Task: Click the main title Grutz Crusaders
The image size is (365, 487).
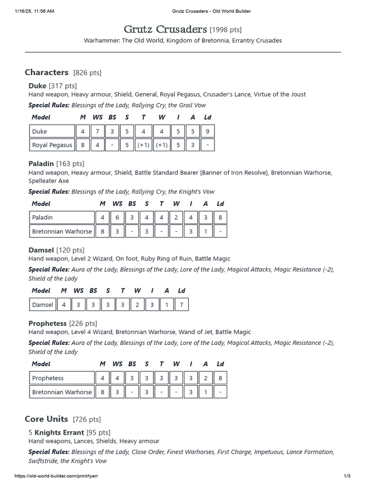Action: [165, 29]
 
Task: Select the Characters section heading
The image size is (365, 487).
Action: [47, 72]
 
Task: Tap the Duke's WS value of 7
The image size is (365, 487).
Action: [97, 131]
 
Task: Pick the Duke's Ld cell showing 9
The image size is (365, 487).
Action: [207, 131]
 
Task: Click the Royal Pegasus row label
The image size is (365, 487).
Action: [52, 145]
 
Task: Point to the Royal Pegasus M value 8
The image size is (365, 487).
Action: [83, 145]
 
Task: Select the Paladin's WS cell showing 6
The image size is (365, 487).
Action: [117, 217]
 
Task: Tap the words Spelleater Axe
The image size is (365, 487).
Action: [48, 181]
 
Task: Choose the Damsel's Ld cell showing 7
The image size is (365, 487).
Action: [181, 304]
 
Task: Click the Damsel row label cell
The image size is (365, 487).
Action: [42, 304]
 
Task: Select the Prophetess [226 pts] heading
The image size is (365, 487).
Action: [63, 323]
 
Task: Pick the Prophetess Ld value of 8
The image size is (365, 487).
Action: [220, 378]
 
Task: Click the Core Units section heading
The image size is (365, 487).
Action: [47, 419]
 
